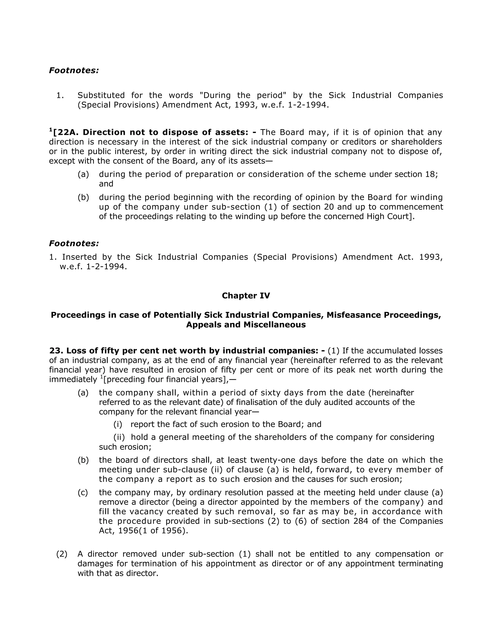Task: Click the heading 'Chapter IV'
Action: [x=246, y=296]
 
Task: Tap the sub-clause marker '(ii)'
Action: [x=119, y=437]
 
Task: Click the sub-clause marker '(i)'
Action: [x=118, y=424]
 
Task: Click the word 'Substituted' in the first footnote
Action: [x=101, y=95]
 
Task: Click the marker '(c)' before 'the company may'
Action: [x=83, y=493]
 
